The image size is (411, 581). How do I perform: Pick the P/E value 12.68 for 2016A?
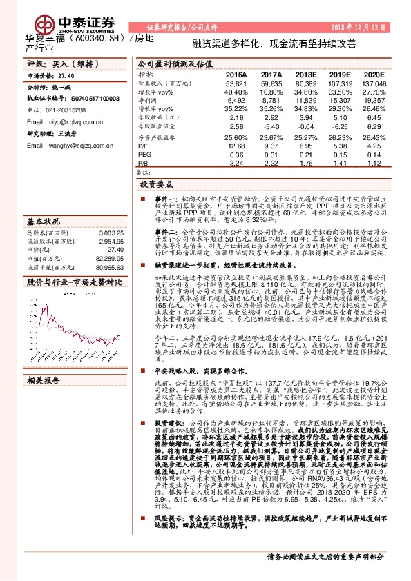pyautogui.click(x=236, y=146)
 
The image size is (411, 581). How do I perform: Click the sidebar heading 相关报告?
pyautogui.click(x=44, y=380)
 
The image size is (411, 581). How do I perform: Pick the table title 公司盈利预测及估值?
pyautogui.click(x=169, y=63)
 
